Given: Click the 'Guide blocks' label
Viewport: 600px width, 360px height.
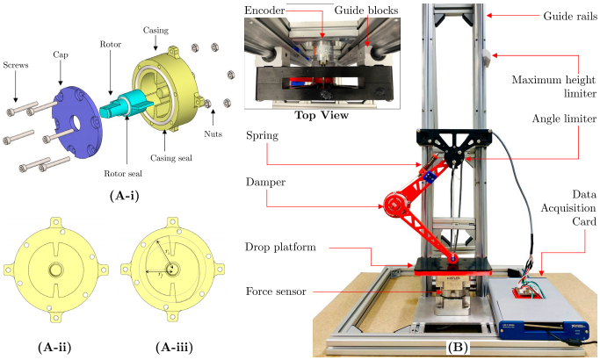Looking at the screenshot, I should point(362,11).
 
